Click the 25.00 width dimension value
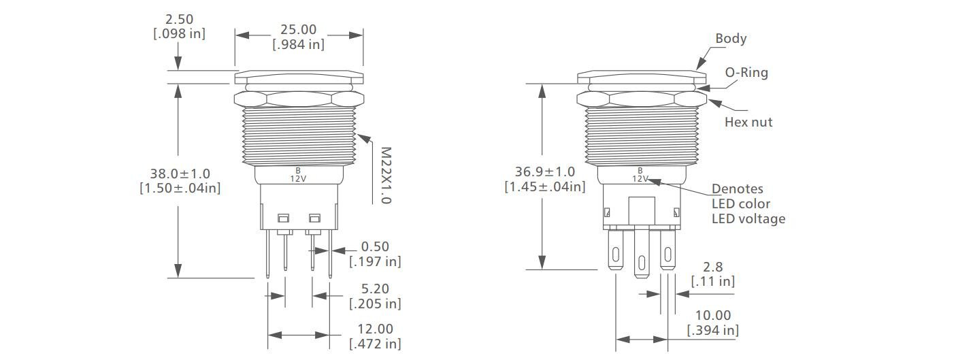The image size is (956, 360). [x=299, y=30]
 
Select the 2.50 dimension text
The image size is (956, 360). [x=179, y=19]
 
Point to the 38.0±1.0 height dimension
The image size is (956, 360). [x=180, y=174]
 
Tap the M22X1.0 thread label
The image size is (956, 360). [x=385, y=176]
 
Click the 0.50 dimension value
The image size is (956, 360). [x=375, y=246]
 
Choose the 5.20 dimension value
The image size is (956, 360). [x=375, y=289]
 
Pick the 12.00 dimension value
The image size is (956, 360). [x=375, y=329]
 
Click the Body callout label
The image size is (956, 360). [x=731, y=38]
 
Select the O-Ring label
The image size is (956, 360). [x=746, y=73]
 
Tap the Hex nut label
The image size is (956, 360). [x=748, y=122]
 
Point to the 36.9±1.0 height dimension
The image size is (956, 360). [x=544, y=172]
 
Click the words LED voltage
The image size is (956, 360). [x=748, y=218]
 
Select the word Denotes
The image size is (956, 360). [x=737, y=189]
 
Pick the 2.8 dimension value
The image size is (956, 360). [x=713, y=267]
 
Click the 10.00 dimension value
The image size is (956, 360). [x=712, y=316]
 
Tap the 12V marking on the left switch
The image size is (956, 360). [x=297, y=178]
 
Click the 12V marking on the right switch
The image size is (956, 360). [x=640, y=178]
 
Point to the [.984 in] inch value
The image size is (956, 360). [x=299, y=44]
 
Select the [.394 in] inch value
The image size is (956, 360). [x=712, y=331]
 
